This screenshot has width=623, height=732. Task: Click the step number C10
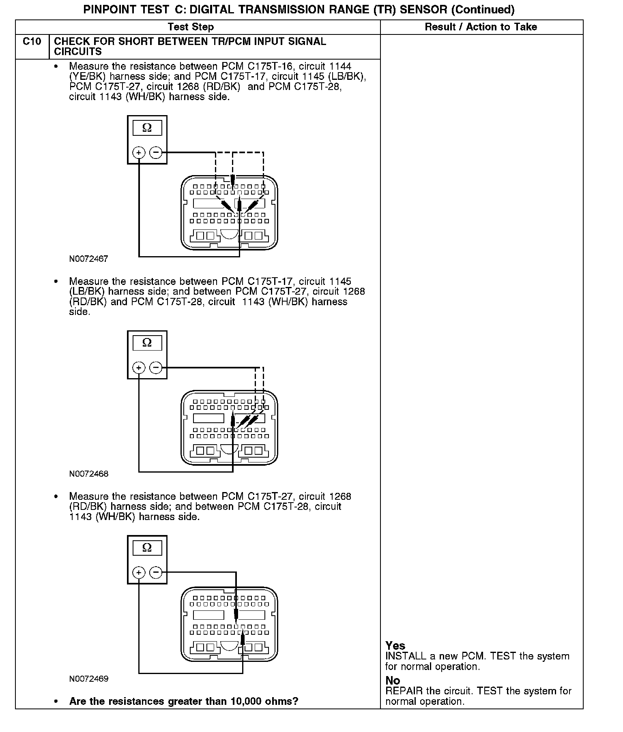pyautogui.click(x=32, y=42)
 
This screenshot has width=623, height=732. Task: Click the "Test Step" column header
pyautogui.click(x=191, y=27)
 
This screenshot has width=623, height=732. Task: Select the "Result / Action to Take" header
pyautogui.click(x=481, y=27)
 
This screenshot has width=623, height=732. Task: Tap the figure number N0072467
pyautogui.click(x=88, y=259)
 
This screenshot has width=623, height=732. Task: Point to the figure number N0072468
pyautogui.click(x=88, y=474)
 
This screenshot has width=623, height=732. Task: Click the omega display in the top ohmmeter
pyautogui.click(x=147, y=128)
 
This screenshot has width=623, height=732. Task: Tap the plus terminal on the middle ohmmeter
pyautogui.click(x=139, y=368)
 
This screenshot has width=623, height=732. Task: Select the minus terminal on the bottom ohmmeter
pyautogui.click(x=156, y=573)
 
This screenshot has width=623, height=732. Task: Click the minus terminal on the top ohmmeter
pyautogui.click(x=156, y=153)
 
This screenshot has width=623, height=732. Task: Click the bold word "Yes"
pyautogui.click(x=395, y=646)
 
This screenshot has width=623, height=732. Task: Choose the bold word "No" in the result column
pyautogui.click(x=393, y=681)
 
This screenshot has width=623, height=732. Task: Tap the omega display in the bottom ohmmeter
pyautogui.click(x=147, y=548)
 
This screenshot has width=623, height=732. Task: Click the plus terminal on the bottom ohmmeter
pyautogui.click(x=139, y=573)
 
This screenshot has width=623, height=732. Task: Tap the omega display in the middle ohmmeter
pyautogui.click(x=147, y=343)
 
